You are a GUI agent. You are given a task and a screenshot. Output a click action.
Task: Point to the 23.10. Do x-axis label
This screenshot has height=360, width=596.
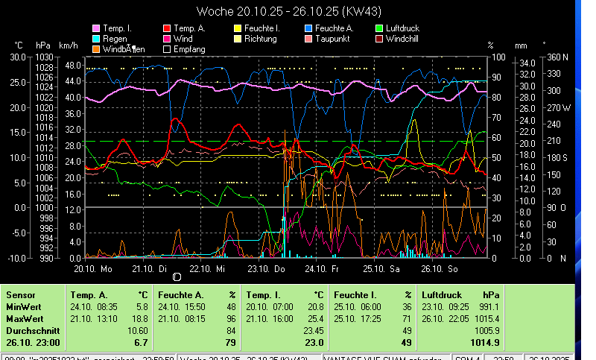pos(267,269)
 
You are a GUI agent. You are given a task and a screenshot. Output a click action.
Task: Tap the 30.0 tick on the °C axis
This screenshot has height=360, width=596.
pos(17,57)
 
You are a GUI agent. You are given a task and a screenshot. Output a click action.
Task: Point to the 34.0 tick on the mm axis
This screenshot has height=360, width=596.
pos(525,63)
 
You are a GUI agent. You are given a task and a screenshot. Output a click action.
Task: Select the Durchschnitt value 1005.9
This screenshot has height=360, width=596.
pos(487,330)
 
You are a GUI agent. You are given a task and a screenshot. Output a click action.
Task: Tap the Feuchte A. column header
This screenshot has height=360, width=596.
pos(180,295)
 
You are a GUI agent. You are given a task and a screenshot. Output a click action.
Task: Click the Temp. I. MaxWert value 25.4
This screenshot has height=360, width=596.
pos(314,318)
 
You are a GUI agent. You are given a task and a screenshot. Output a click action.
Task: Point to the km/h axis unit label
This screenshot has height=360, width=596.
pos(68,45)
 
